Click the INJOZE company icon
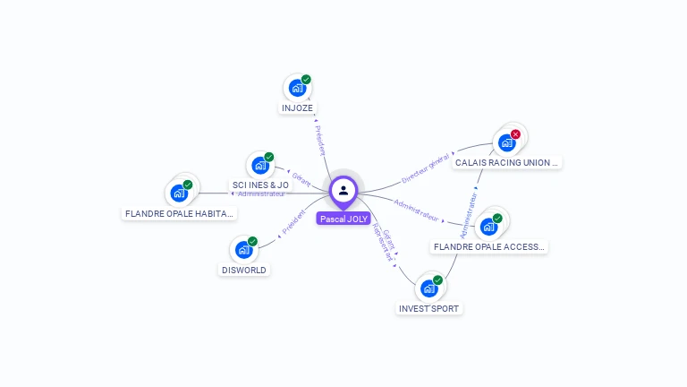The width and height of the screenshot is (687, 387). [x=296, y=89]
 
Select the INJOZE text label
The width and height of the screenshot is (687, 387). [x=297, y=108]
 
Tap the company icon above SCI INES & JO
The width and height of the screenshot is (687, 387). [x=259, y=165]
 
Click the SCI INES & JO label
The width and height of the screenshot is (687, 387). [x=260, y=185]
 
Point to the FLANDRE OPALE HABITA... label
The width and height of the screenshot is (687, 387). [x=179, y=214]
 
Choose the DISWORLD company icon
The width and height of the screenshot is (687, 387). [x=243, y=250]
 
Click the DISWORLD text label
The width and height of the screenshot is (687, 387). [x=243, y=270]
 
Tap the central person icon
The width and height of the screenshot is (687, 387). [x=343, y=190]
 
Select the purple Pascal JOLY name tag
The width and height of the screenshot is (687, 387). [x=343, y=219]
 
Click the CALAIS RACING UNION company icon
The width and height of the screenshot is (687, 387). [x=506, y=142]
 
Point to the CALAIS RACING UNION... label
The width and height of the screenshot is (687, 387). [x=506, y=163]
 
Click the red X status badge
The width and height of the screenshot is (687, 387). [x=515, y=134]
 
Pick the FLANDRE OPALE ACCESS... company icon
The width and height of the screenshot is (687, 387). [x=488, y=226]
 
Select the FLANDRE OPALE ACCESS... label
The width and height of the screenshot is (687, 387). [x=488, y=246]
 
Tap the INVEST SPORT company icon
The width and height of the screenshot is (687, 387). [x=429, y=288]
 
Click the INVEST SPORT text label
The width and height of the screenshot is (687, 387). [x=429, y=309]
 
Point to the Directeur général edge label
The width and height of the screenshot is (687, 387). [x=425, y=168]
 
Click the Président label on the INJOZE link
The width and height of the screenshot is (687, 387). [x=319, y=141]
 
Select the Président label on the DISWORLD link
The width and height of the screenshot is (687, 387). [x=293, y=223]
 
